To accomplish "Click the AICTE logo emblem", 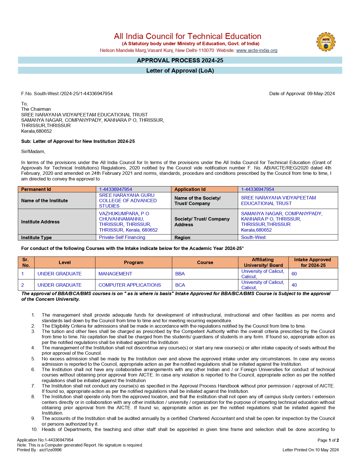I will [326, 42].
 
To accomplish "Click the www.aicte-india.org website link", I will [257, 51].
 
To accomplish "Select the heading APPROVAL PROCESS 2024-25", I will [180, 60].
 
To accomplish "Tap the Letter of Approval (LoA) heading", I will [180, 71].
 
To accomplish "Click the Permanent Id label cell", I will [36, 189].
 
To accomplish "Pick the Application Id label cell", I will [190, 189].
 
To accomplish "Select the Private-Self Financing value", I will [122, 238].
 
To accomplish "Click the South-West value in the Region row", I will [253, 238].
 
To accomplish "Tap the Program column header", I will [134, 263].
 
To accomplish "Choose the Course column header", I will [205, 263].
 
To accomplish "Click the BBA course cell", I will [180, 274].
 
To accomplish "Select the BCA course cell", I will [180, 285].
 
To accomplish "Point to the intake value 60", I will [294, 274].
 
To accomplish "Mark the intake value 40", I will [294, 285].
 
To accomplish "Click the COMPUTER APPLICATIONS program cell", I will [130, 285].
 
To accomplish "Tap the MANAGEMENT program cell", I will [115, 274].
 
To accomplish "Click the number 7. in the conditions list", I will [33, 386].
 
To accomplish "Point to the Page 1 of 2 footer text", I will [328, 440].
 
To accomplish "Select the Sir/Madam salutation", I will [33, 152].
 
